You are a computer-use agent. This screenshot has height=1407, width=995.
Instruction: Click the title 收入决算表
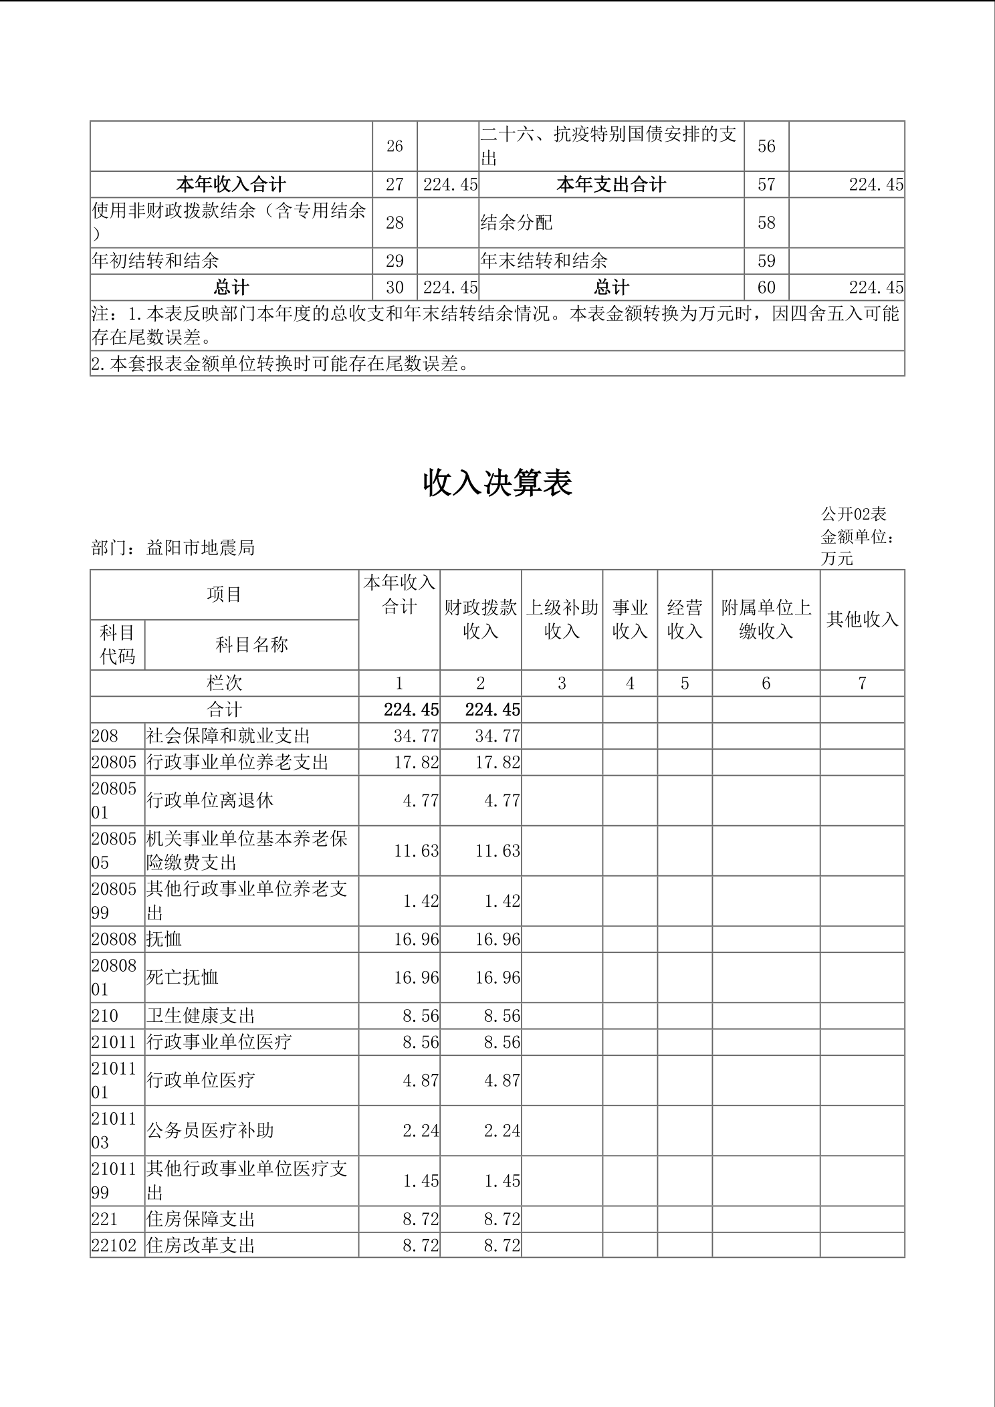[x=497, y=483]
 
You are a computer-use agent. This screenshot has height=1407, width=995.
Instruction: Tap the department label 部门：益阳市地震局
[x=173, y=548]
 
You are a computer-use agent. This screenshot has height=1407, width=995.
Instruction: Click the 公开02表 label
[x=853, y=514]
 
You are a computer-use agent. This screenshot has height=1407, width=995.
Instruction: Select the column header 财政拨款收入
[x=480, y=619]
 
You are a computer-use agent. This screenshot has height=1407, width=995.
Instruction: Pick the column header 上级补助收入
[x=562, y=619]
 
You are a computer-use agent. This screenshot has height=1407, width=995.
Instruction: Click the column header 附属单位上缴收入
[x=766, y=619]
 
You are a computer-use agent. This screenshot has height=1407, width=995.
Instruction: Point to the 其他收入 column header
[x=862, y=619]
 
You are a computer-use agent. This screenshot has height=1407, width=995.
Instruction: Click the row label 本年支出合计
[x=611, y=185]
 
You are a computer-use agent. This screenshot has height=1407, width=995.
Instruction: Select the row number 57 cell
[x=766, y=185]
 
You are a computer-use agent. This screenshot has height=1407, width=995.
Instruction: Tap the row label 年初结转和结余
[x=155, y=261]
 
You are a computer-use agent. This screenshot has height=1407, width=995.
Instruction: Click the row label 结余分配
[x=517, y=223]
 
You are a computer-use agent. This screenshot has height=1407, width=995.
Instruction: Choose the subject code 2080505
[x=114, y=850]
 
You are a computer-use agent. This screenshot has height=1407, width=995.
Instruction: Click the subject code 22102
[x=114, y=1245]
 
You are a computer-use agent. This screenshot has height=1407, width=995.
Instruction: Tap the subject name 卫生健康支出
[x=201, y=1016]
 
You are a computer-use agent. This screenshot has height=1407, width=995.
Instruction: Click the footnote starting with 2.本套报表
[x=280, y=364]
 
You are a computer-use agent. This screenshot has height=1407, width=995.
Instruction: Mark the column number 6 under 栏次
[x=766, y=683]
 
